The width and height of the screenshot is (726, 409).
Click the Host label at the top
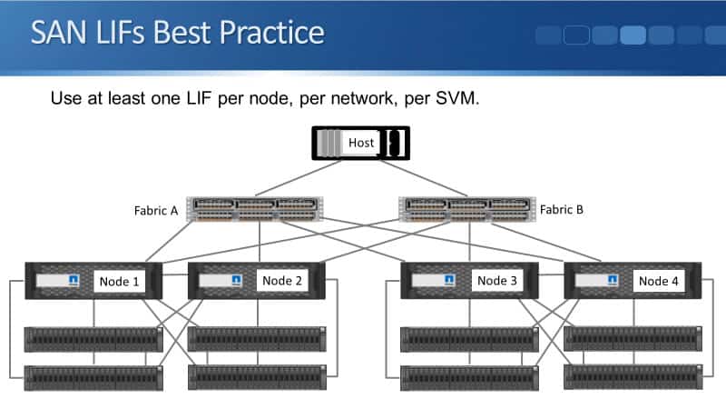[x=361, y=143]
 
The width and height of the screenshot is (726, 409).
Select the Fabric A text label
[x=156, y=210]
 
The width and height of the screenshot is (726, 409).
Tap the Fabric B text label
[x=562, y=210]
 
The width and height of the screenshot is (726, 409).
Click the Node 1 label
[x=118, y=281]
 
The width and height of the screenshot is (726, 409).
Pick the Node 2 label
[x=282, y=281]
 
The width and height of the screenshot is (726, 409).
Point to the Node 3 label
[x=496, y=281]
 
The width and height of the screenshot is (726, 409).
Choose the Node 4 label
[x=658, y=281]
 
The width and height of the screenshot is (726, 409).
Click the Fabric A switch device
[x=254, y=210]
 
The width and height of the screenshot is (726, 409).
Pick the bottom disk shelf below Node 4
[x=633, y=376]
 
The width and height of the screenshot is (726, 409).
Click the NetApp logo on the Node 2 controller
[x=236, y=280]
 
